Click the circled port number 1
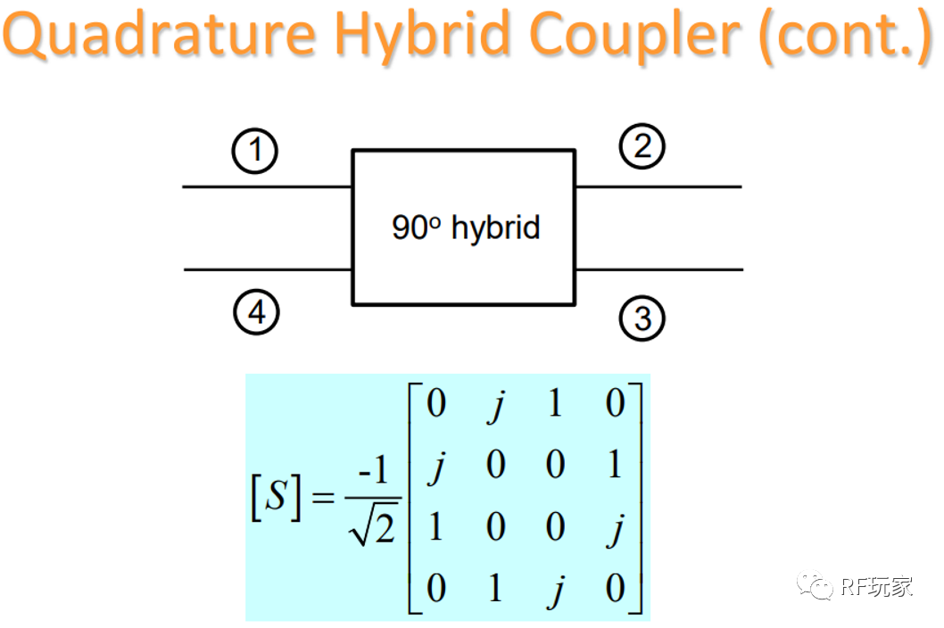pos(255,151)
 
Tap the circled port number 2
pos(642,147)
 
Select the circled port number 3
pos(642,318)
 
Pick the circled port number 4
pos(256,314)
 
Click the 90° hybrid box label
pos(466,227)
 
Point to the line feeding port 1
pos(268,187)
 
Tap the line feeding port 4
pos(268,269)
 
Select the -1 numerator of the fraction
pos(373,469)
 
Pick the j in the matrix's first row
pos(496,404)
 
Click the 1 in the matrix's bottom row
pos(496,590)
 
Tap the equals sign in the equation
pos(323,500)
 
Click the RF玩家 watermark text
pos(875,586)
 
